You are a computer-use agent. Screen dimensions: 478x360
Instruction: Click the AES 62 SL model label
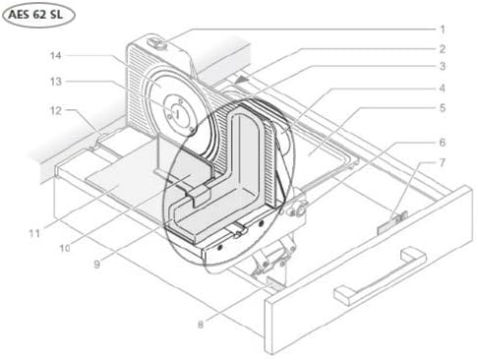[35, 15]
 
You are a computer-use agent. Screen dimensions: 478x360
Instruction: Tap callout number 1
[443, 30]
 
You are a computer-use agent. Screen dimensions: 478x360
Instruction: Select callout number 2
[443, 49]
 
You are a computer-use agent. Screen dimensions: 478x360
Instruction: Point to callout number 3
[443, 66]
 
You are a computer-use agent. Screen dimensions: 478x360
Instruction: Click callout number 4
[443, 88]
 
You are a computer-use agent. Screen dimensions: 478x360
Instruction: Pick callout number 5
[443, 107]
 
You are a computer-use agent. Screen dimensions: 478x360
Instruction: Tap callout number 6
[443, 142]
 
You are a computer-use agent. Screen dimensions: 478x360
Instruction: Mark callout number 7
[443, 162]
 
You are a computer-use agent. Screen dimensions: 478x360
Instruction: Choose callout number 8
[201, 325]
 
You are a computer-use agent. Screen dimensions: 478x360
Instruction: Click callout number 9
[96, 264]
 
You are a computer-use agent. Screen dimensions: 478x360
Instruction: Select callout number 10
[65, 248]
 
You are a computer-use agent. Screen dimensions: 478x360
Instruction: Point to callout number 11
[34, 233]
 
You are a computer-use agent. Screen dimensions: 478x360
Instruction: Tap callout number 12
[56, 110]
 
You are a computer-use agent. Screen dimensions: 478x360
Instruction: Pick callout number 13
[56, 81]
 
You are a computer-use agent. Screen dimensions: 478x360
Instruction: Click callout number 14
[56, 55]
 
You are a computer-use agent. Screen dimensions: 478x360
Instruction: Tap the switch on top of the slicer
[157, 43]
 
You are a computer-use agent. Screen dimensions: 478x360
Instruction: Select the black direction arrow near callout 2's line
[242, 80]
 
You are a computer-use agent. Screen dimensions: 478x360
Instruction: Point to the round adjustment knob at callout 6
[299, 208]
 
